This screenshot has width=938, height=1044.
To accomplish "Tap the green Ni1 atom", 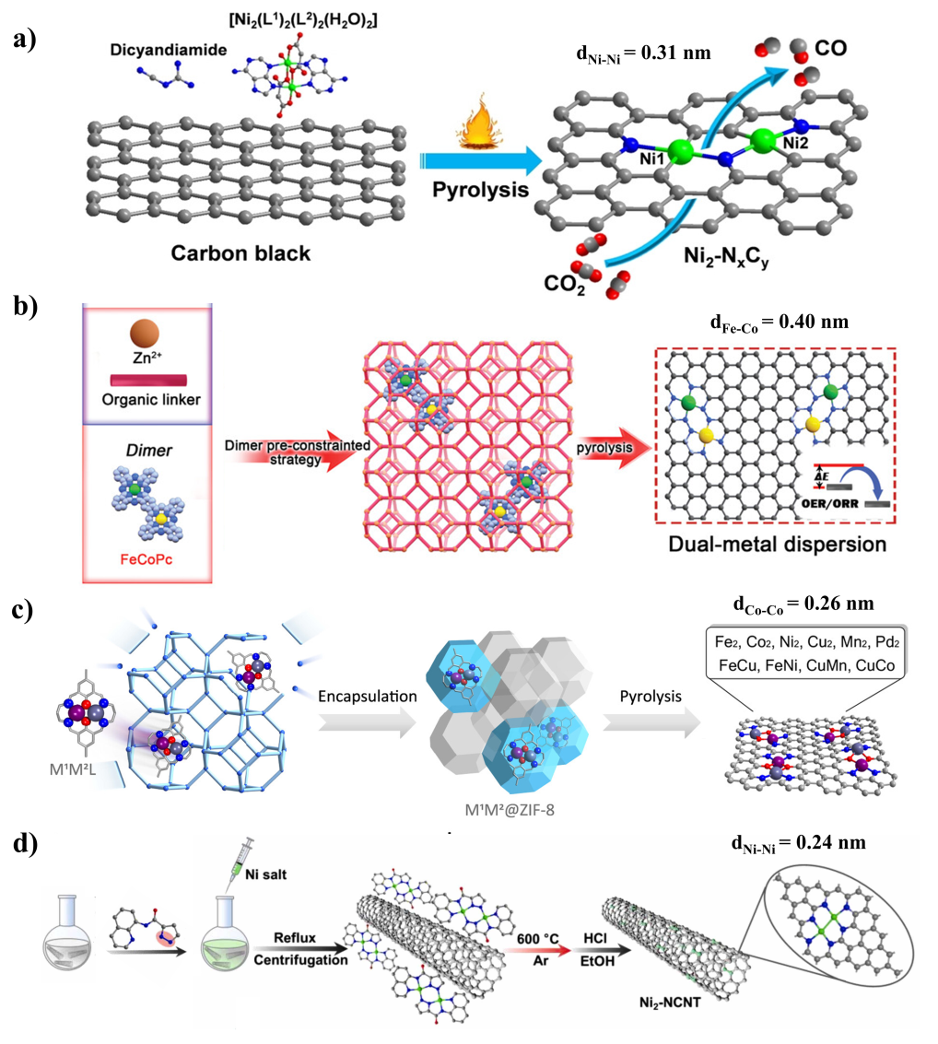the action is pos(680,151).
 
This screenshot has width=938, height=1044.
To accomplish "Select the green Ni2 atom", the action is pos(764,140).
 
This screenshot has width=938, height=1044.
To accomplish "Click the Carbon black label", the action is pos(240,253).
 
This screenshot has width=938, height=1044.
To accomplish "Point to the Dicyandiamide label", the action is pos(169,50).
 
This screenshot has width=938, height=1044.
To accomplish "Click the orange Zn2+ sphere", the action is pos(145,334).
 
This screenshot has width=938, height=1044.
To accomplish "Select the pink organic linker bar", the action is pos(148,381).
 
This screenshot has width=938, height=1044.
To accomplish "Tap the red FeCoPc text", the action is pos(147,559).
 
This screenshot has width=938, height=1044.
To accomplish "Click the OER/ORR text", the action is pos(830,503).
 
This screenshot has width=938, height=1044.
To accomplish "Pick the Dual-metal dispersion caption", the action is pos(778,544).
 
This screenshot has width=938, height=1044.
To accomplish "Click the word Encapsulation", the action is pos(368,697).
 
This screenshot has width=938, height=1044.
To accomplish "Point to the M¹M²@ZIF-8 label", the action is pos(510,810).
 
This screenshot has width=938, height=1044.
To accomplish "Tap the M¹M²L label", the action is pos(73,769).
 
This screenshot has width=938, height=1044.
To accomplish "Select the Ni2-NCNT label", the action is pos(670,1002).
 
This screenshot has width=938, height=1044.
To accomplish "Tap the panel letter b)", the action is pos(25,307).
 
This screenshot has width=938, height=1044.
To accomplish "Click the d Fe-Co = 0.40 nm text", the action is pos(780,323).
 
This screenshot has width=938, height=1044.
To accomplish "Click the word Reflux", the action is pos(295,937).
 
